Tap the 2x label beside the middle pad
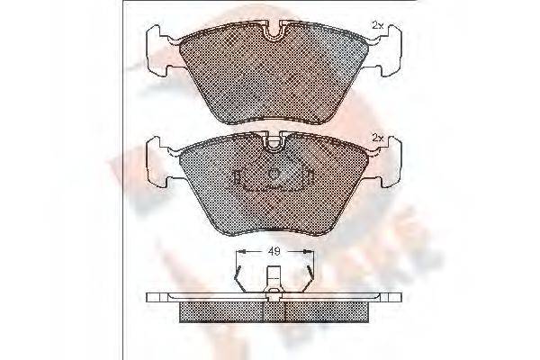point(378,137)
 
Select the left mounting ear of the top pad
point(159,45)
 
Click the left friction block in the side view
point(225,310)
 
